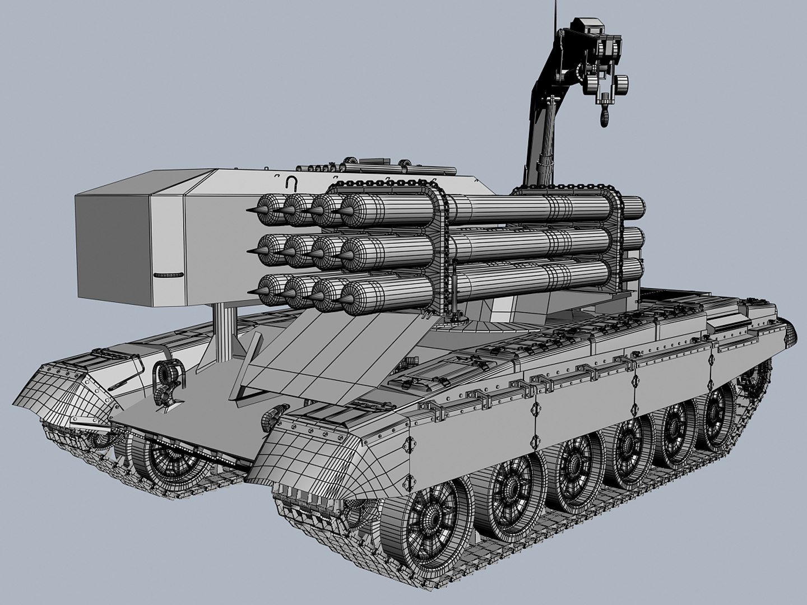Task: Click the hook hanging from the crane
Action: (606, 115)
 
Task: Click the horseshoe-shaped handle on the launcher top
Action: (291, 182)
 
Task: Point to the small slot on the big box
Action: (168, 275)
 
